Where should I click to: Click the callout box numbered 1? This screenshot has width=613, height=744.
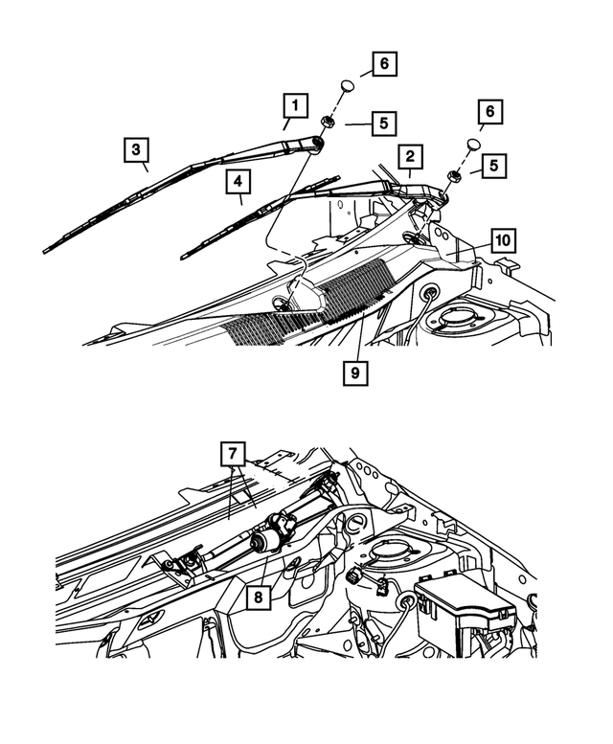click(296, 104)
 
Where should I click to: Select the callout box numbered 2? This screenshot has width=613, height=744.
click(409, 157)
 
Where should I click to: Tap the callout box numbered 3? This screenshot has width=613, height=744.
click(137, 150)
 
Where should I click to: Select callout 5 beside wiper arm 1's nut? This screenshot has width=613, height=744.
click(382, 124)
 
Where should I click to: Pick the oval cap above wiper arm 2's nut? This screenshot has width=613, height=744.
click(473, 145)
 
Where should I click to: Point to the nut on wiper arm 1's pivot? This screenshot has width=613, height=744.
click(327, 123)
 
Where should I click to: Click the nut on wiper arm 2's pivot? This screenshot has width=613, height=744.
click(453, 175)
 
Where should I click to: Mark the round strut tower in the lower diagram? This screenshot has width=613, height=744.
click(393, 552)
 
